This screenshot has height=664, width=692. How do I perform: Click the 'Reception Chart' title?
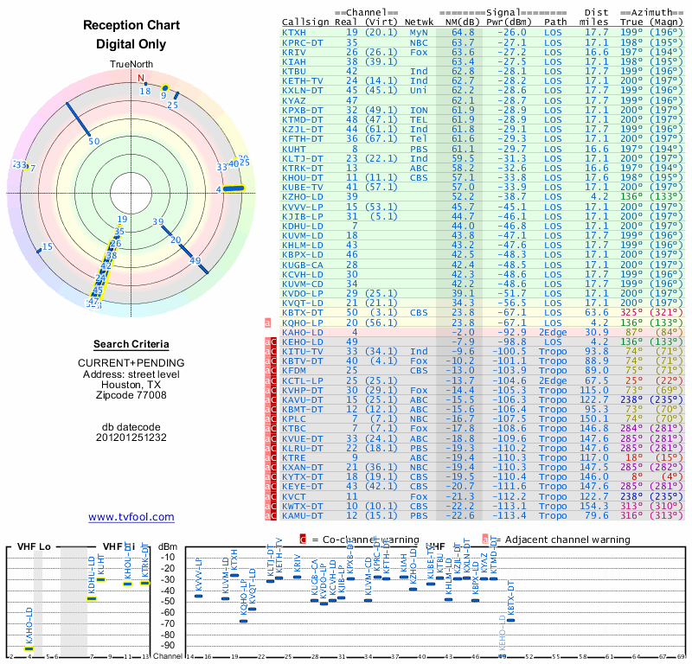(x=131, y=25)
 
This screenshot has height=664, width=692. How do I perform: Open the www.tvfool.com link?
(x=131, y=517)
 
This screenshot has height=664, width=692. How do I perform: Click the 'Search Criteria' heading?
(x=131, y=344)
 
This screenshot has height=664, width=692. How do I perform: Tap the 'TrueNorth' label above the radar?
(x=131, y=65)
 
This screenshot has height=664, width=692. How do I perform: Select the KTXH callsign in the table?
(x=294, y=32)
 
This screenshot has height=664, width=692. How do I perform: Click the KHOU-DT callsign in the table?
(x=301, y=177)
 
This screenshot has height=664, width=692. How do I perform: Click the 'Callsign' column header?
(x=306, y=22)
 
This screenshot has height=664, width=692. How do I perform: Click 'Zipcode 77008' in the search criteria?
(x=131, y=395)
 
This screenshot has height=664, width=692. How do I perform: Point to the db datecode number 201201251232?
(x=131, y=437)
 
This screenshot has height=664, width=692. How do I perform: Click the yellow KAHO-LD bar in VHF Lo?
(x=29, y=648)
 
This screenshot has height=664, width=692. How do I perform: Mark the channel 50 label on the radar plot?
(x=94, y=141)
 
